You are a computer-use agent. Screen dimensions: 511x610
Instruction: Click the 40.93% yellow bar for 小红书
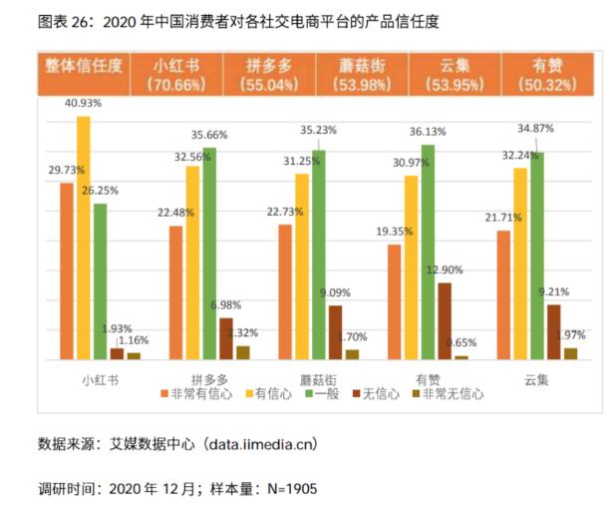point(84,238)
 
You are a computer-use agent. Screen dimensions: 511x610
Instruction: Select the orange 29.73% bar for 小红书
point(67,270)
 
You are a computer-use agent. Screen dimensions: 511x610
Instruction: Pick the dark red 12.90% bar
point(445,320)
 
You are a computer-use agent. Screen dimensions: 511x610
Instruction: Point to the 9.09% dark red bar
point(335,331)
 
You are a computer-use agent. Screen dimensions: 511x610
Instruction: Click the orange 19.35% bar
point(395,301)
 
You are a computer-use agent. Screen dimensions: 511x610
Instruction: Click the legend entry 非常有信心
point(198,394)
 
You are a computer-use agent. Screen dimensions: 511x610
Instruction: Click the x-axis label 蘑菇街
point(318,378)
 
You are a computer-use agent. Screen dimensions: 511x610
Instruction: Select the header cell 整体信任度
point(84,66)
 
